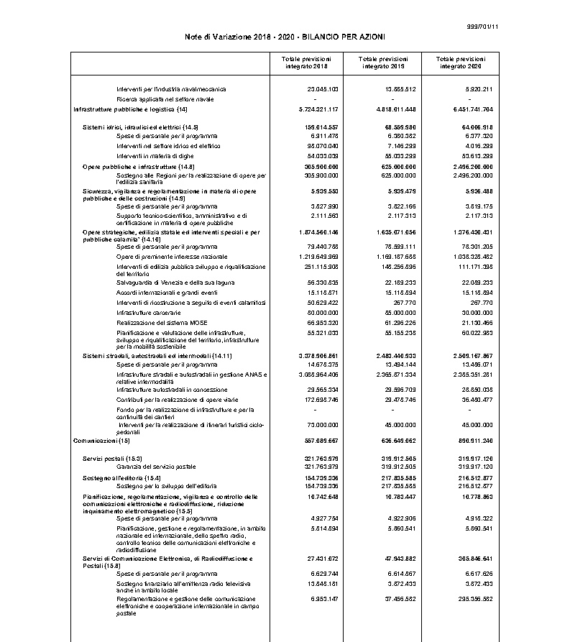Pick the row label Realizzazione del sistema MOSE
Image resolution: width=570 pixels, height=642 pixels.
(162, 323)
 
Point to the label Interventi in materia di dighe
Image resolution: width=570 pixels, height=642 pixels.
(160, 155)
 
